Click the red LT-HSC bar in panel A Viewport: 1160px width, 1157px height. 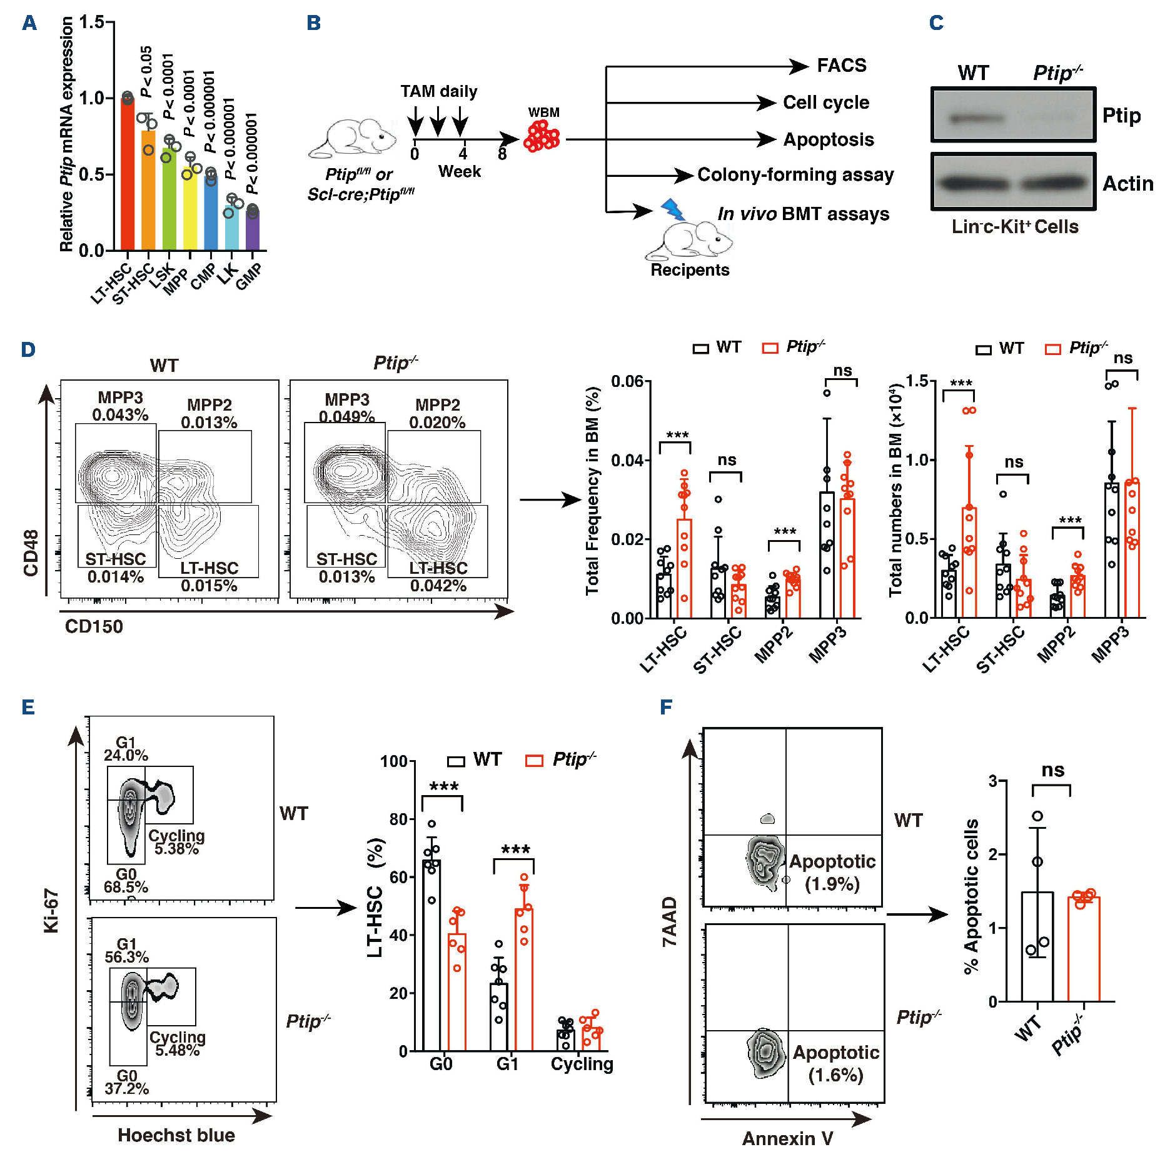[128, 175]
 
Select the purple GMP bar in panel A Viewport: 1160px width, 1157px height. [252, 230]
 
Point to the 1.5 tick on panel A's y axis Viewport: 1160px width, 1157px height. [93, 23]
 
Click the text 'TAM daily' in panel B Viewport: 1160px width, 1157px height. [438, 92]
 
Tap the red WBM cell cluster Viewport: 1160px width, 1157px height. [542, 137]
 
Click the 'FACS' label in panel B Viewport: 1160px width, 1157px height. [842, 66]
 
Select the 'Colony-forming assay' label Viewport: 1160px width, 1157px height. [795, 175]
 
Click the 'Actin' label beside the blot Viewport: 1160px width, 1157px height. [1127, 184]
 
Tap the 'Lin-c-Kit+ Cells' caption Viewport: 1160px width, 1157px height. [1015, 227]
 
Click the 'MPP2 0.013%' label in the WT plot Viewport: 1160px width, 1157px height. [209, 414]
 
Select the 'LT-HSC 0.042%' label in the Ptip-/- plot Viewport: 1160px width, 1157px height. [438, 577]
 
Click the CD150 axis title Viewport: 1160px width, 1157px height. [94, 626]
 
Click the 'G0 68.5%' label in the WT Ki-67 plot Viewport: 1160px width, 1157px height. [126, 880]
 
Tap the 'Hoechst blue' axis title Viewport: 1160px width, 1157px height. [176, 1135]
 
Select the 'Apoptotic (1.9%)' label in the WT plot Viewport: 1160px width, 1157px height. [832, 873]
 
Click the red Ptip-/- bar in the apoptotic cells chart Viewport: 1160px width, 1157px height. [1083, 948]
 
